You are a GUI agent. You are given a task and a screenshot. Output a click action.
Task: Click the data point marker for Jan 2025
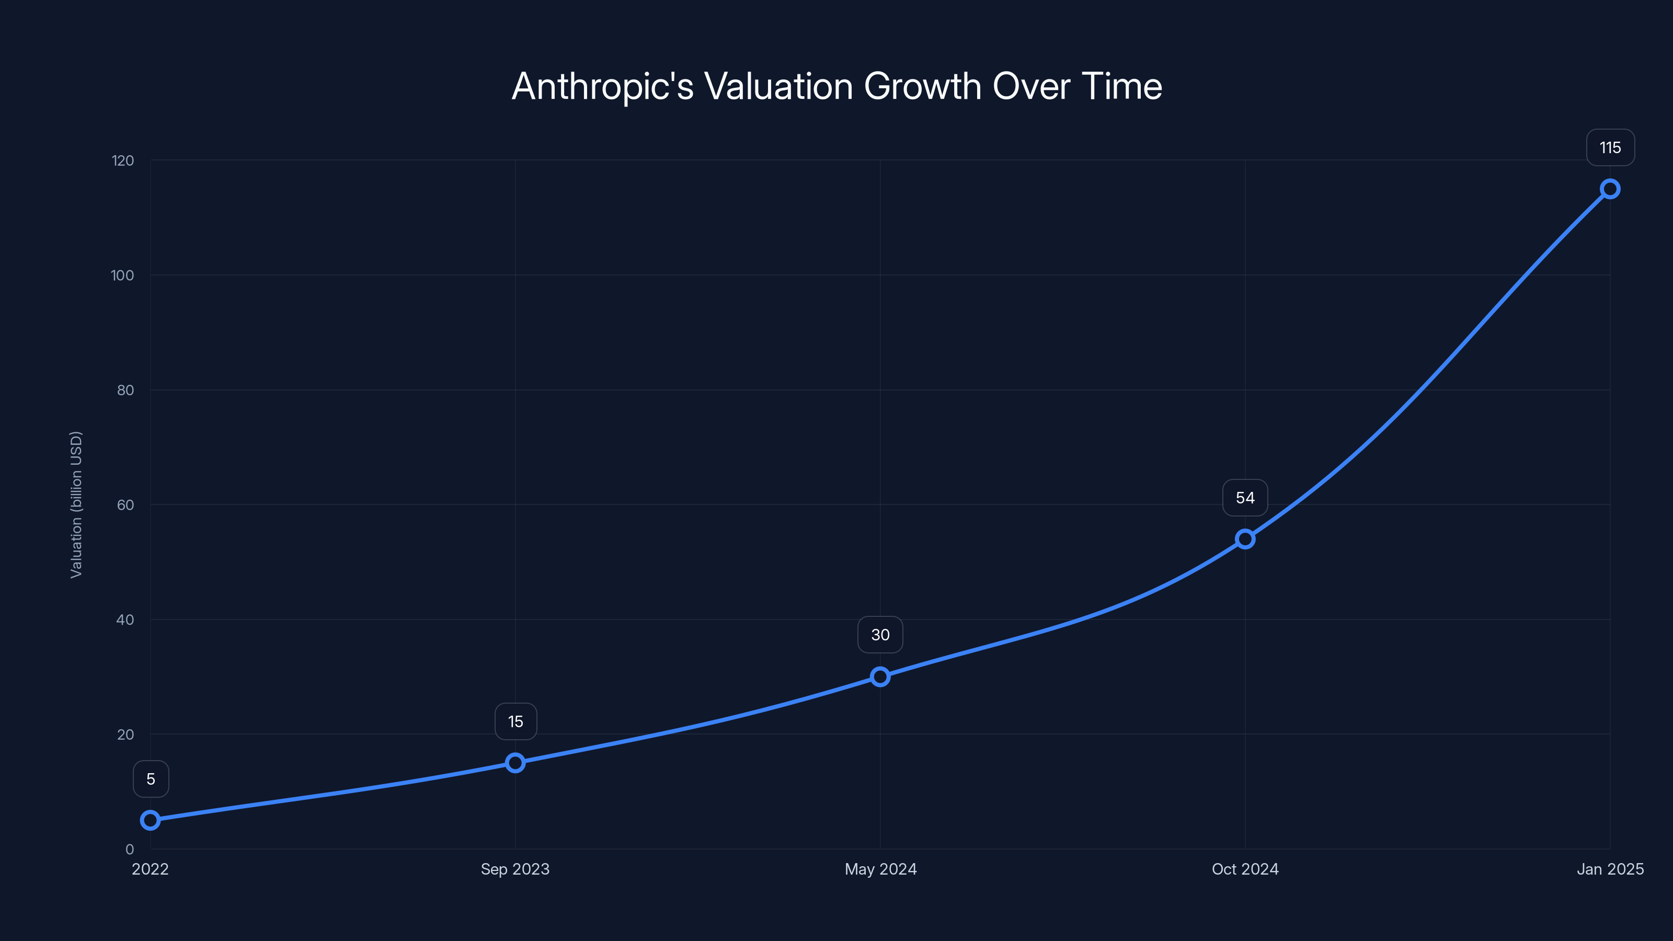1610,189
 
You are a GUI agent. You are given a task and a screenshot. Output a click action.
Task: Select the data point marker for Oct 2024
1245,539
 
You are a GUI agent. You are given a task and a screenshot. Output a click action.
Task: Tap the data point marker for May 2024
880,676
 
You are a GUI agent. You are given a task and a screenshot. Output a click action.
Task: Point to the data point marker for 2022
150,820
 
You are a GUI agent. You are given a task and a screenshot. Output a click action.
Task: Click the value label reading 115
1610,148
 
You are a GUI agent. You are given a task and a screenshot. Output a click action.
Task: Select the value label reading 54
1245,498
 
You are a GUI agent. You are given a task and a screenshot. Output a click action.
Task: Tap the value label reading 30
880,635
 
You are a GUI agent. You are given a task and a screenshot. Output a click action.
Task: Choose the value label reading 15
515,721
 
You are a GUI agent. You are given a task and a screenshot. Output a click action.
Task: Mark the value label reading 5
151,779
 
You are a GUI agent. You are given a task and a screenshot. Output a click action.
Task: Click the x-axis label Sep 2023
515,869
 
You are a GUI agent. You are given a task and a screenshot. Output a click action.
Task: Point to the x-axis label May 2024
880,869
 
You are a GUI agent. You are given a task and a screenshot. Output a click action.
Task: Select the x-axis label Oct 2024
1245,869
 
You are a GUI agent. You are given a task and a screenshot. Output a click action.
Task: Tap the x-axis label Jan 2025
1610,869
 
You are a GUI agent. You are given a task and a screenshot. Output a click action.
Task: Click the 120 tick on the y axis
123,160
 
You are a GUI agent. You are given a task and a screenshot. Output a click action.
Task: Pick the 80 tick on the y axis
125,391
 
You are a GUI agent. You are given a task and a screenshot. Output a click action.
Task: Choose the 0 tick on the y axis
130,850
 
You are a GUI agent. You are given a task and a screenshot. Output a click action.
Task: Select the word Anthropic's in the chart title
603,86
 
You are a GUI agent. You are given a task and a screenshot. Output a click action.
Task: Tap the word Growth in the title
922,86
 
